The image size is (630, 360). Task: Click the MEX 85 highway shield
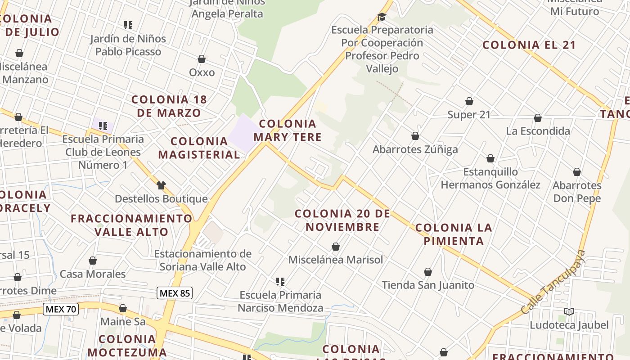pos(175,293)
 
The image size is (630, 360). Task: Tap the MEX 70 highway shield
pos(61,309)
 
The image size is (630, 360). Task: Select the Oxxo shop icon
pos(202,59)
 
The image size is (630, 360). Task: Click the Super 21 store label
pos(469,115)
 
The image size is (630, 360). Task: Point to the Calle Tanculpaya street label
pos(553,283)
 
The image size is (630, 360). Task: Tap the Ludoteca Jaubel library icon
pos(569,311)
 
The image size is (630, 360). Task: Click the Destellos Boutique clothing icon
pos(161,185)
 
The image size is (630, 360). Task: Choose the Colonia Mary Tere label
pos(288,130)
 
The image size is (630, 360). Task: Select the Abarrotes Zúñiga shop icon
pos(415,136)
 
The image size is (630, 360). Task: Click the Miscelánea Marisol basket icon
pos(335,247)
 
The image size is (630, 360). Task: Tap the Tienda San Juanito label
pos(428,285)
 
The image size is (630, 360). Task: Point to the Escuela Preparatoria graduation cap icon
pos(382,17)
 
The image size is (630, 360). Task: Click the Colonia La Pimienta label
pos(453,234)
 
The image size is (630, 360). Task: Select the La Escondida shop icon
pos(537,118)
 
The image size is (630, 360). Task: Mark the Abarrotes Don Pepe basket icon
pos(577,172)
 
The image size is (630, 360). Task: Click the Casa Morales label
pos(93,274)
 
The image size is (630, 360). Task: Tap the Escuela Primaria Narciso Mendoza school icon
pos(280,282)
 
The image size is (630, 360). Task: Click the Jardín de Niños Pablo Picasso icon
pos(128,25)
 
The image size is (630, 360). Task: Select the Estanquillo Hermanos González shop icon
pos(490,158)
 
